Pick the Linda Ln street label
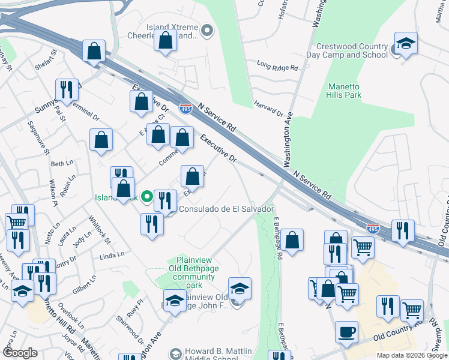pos(112,255)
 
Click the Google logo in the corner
pos(20,353)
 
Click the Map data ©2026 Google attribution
pos(411,355)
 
